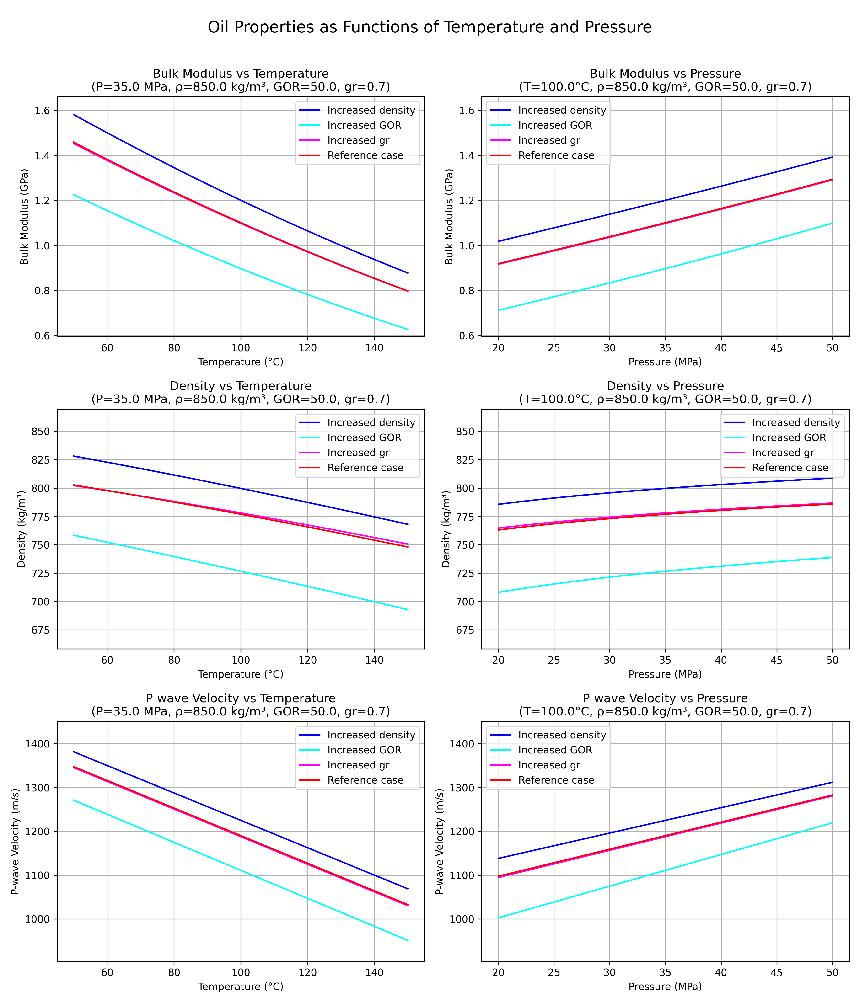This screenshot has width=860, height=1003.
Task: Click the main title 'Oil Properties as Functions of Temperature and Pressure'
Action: pyautogui.click(x=430, y=27)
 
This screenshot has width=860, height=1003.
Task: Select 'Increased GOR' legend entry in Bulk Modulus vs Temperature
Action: pyautogui.click(x=364, y=125)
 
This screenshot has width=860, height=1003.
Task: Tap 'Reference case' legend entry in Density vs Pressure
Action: pyautogui.click(x=790, y=468)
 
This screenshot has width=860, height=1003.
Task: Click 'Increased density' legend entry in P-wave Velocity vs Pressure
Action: pyautogui.click(x=562, y=735)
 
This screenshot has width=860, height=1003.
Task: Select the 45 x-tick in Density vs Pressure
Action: pyautogui.click(x=777, y=660)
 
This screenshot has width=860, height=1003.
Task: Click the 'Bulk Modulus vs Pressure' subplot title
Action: pyautogui.click(x=665, y=74)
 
